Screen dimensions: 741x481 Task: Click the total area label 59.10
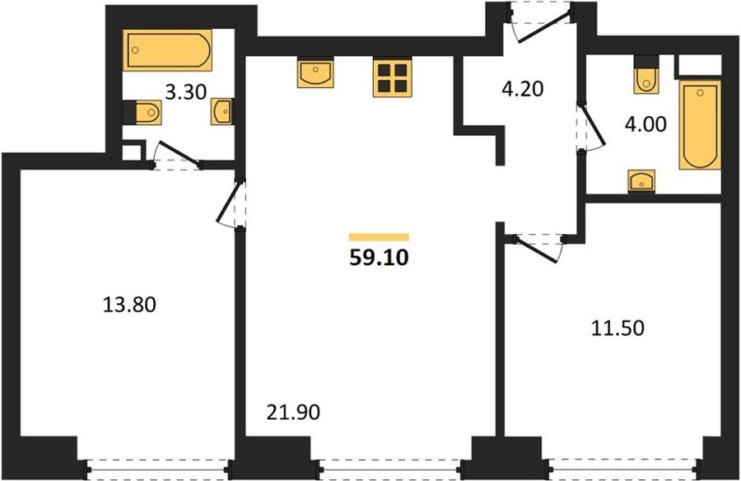pyautogui.click(x=379, y=258)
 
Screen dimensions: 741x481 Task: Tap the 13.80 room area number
pyautogui.click(x=129, y=305)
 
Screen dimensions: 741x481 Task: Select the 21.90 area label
pyautogui.click(x=293, y=413)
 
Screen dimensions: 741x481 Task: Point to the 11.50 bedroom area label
pyautogui.click(x=617, y=328)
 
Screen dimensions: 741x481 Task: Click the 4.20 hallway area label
pyautogui.click(x=523, y=88)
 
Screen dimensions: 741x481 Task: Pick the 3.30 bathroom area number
pyautogui.click(x=186, y=91)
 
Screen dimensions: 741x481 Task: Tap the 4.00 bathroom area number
pyautogui.click(x=645, y=124)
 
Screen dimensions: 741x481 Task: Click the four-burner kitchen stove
pyautogui.click(x=392, y=77)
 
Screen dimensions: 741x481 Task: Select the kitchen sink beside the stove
pyautogui.click(x=315, y=72)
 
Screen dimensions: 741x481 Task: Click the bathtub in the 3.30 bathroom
pyautogui.click(x=167, y=50)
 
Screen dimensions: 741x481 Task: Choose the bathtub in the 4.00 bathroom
pyautogui.click(x=700, y=125)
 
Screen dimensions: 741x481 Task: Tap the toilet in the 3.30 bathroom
pyautogui.click(x=142, y=112)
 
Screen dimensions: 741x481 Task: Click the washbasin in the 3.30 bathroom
pyautogui.click(x=221, y=112)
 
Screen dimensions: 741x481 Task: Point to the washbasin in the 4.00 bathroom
pyautogui.click(x=641, y=181)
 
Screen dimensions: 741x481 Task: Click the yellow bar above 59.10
pyautogui.click(x=379, y=237)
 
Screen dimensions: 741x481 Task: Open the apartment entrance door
pyautogui.click(x=541, y=22)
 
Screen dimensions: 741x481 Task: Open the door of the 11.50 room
pyautogui.click(x=538, y=247)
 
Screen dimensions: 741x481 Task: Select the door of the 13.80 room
pyautogui.click(x=231, y=203)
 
